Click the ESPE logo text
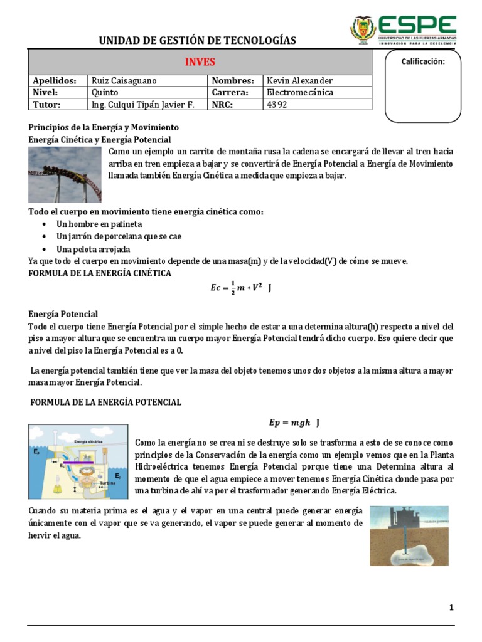click(417, 24)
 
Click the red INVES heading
click(200, 62)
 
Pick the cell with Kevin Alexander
click(300, 81)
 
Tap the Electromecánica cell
click(300, 93)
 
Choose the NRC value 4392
click(277, 105)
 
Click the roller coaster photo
click(65, 174)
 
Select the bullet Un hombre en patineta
click(99, 224)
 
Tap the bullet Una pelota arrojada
click(94, 249)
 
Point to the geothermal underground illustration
click(409, 536)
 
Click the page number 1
click(451, 608)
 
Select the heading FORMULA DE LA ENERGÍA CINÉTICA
click(100, 273)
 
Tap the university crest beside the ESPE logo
click(363, 29)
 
